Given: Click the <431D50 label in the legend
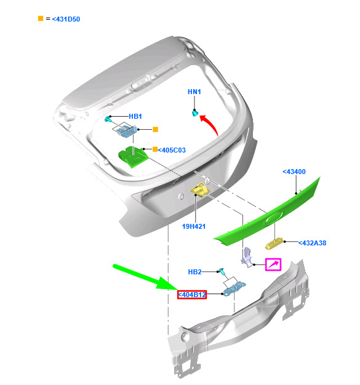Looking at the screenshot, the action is tap(66, 19).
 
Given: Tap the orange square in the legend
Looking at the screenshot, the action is tap(41, 18).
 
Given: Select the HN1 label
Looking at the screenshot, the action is tap(194, 92).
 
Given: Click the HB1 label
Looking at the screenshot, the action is tap(135, 116).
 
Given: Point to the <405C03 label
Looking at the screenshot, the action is tap(172, 150).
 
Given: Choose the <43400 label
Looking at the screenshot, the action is tap(294, 172).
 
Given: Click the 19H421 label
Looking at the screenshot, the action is tap(194, 226).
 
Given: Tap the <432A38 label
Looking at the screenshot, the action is tap(312, 243).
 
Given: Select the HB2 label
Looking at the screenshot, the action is tap(194, 272).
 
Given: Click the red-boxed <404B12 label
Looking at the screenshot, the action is tap(192, 295).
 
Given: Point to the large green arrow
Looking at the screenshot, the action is tap(145, 277).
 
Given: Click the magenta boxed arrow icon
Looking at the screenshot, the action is tap(273, 264).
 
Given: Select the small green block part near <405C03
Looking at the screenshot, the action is tap(133, 157).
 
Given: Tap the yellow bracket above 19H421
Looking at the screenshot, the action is tap(200, 189).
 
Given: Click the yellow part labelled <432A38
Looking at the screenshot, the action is tap(274, 244).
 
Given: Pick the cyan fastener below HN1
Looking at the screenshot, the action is tap(195, 113).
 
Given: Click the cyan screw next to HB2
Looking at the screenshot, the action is tap(221, 272).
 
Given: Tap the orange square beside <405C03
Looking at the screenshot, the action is tap(155, 149).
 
